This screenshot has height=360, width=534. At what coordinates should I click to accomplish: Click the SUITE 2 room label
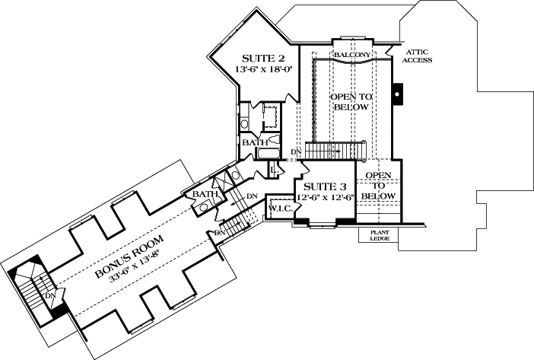[263, 59]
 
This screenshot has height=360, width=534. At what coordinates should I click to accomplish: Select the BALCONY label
[351, 56]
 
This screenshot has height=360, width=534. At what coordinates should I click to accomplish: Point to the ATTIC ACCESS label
[418, 55]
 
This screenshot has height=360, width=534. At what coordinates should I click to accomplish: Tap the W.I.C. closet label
[278, 207]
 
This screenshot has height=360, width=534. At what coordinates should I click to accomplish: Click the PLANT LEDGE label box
[379, 235]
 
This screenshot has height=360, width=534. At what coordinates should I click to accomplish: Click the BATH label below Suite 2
[254, 142]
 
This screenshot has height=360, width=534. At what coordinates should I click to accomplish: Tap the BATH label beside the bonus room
[204, 196]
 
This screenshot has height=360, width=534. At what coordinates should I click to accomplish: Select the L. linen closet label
[272, 169]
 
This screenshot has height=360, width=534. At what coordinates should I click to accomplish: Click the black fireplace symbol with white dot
[396, 95]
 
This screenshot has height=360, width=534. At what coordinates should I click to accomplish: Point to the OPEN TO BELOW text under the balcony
[350, 102]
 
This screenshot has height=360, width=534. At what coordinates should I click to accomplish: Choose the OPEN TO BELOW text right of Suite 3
[378, 186]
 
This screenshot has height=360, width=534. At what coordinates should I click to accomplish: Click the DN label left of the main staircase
[296, 153]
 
